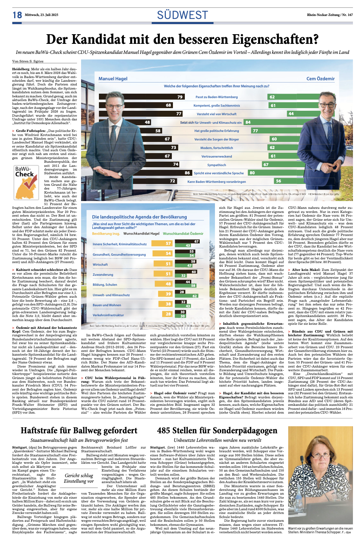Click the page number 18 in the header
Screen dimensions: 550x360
point(17,15)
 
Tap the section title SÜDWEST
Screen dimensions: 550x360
point(182,15)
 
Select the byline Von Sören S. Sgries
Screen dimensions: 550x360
point(28,61)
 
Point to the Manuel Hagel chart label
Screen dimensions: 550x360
point(113,79)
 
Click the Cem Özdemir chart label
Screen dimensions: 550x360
point(320,79)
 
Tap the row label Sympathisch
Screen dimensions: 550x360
point(216,165)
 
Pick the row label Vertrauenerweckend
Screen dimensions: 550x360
point(216,156)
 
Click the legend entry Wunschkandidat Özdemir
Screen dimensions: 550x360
point(183,234)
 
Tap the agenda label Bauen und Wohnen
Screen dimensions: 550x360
point(107,305)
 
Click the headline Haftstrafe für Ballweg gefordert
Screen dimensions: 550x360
point(79,431)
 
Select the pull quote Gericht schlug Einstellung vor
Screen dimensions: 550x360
point(79,478)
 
